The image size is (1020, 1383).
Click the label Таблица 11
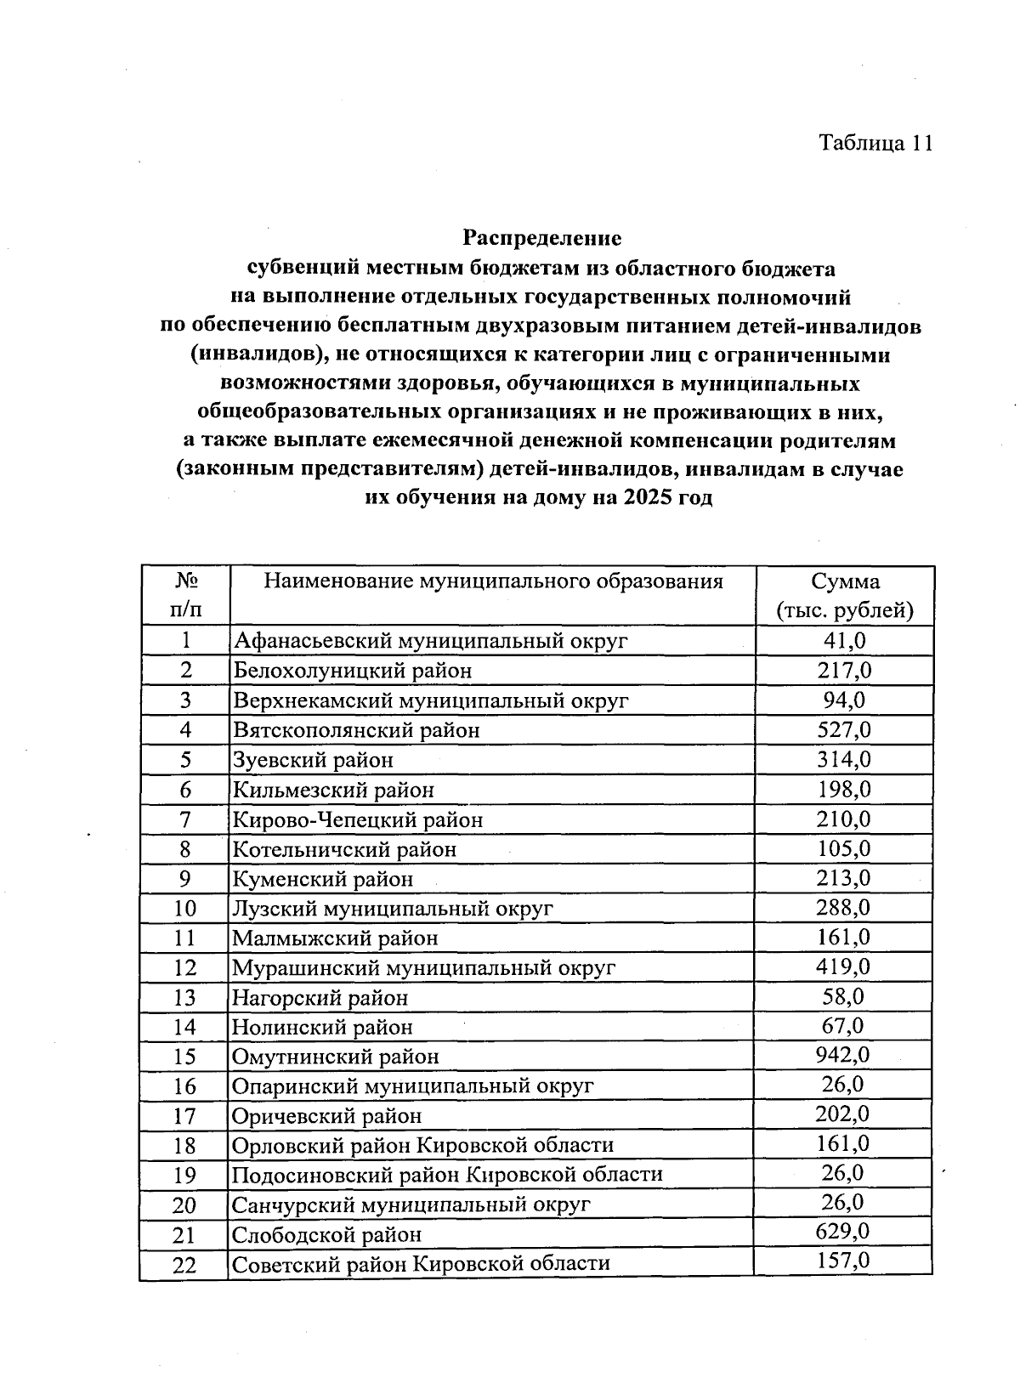(x=875, y=143)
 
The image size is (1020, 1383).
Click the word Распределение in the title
(x=541, y=239)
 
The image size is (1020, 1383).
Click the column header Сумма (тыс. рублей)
(x=844, y=596)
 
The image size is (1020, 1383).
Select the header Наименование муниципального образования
(x=493, y=581)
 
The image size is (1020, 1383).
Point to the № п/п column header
(x=186, y=596)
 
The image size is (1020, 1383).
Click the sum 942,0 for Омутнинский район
(x=843, y=1056)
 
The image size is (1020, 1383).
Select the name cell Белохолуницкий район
(x=353, y=671)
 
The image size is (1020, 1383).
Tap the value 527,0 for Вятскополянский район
(x=843, y=729)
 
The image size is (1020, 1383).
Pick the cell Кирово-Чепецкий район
(x=358, y=819)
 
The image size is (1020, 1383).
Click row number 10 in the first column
(x=184, y=909)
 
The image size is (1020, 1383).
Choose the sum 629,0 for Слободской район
(x=843, y=1233)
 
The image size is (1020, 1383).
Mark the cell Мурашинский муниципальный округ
(x=423, y=968)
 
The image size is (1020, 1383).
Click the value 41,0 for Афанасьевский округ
(x=843, y=640)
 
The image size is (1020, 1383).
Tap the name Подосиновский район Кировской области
(x=447, y=1175)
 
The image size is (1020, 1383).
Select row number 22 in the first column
(x=184, y=1265)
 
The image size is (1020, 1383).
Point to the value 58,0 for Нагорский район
(x=843, y=996)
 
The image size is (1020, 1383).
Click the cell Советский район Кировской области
(x=421, y=1264)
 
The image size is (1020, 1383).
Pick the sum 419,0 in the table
(x=843, y=967)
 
